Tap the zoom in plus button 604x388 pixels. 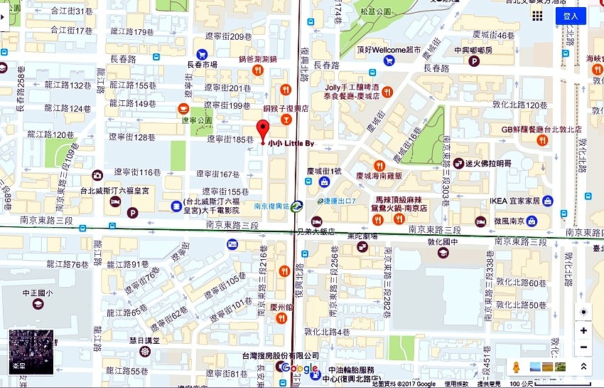(583, 330)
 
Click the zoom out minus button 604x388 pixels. (583, 347)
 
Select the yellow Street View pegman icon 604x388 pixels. (517, 367)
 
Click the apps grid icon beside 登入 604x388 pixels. (537, 16)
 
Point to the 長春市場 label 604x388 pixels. (202, 64)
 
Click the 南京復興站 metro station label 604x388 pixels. (271, 206)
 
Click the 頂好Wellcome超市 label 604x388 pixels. (389, 51)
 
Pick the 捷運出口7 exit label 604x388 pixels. (340, 201)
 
